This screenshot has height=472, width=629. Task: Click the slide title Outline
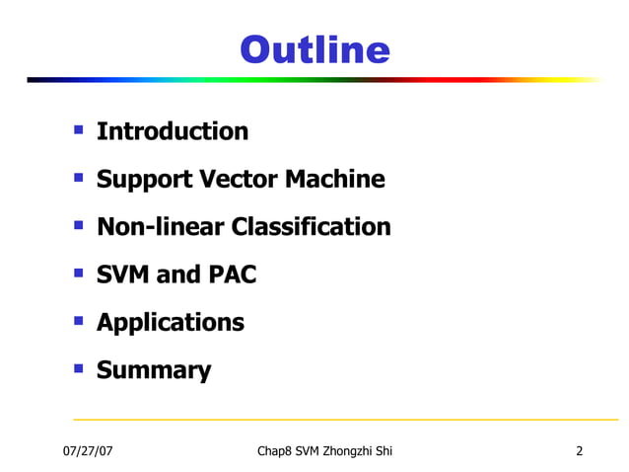click(x=314, y=49)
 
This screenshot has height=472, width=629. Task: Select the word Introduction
click(x=173, y=131)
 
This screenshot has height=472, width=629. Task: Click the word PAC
click(x=233, y=275)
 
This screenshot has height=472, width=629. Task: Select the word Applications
click(x=171, y=323)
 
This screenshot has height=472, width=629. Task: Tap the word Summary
click(x=154, y=371)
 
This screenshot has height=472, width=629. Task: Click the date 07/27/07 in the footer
click(x=86, y=451)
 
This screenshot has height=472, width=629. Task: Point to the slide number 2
click(x=580, y=451)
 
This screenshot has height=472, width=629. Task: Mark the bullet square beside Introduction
click(x=78, y=129)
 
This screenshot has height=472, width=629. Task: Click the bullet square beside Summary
click(x=78, y=369)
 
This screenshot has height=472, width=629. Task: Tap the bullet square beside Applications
click(x=78, y=321)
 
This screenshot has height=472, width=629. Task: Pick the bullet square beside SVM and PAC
click(x=78, y=273)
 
